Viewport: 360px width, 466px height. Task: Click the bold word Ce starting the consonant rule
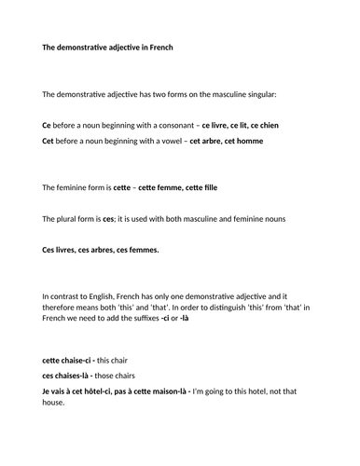pyautogui.click(x=47, y=125)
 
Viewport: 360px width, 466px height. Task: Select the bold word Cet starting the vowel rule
pyautogui.click(x=48, y=141)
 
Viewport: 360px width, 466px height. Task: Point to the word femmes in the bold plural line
pyautogui.click(x=141, y=250)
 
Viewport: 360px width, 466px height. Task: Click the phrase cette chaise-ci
pyautogui.click(x=69, y=360)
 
